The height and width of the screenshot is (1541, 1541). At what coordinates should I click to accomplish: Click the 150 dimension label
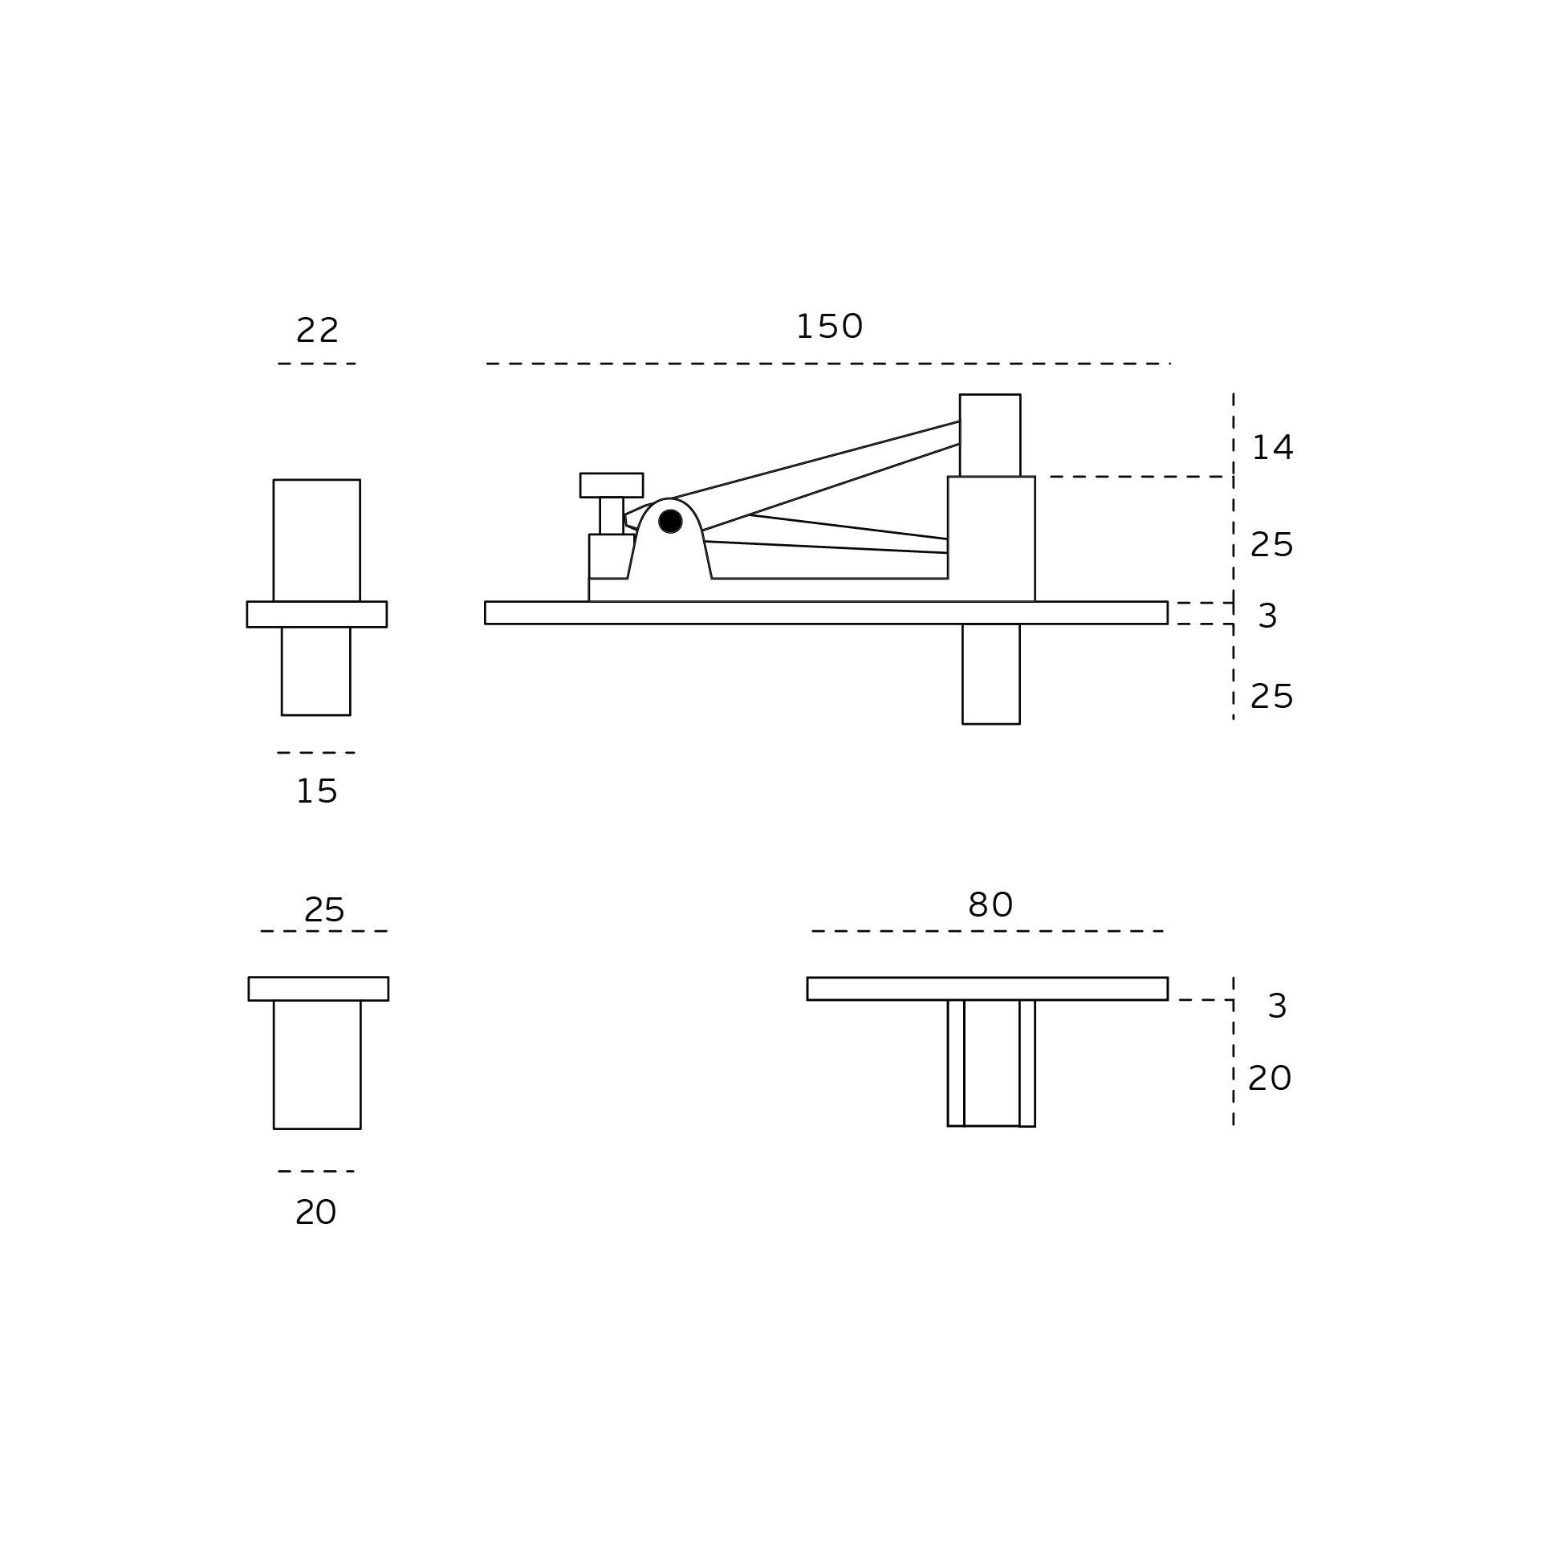coord(829,327)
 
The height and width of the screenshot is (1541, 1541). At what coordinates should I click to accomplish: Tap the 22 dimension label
coord(318,330)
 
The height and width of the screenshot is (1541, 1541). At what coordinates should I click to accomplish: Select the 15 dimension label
coord(317,791)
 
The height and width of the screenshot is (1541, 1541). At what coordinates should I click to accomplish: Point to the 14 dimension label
coord(1272,448)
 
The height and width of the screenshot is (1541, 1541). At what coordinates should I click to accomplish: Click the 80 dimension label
coord(990,905)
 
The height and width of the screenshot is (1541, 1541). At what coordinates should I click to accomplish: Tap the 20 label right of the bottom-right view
coord(1270,1078)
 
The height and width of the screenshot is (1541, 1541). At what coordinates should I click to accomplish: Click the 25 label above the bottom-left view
coord(324,909)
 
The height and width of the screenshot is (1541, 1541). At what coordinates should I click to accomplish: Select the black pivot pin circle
coord(670,522)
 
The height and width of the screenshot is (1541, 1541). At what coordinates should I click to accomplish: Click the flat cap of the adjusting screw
coord(612,485)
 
